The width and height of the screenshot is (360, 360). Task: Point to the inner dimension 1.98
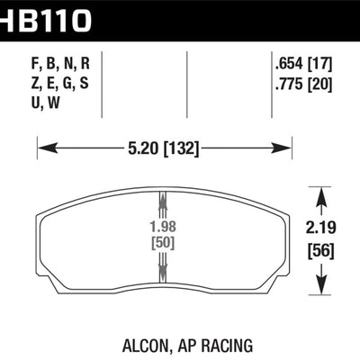(163, 228)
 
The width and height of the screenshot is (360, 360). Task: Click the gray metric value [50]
(163, 244)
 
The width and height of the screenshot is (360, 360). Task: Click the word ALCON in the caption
(139, 344)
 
